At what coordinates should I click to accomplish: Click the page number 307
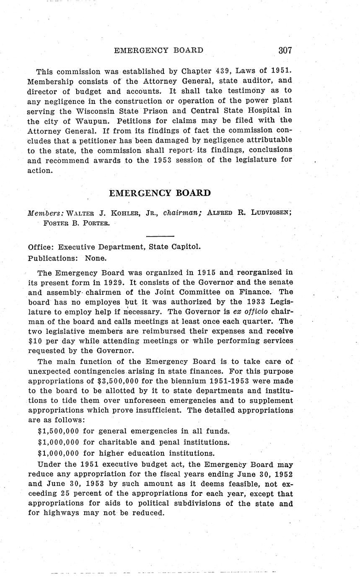click(x=285, y=50)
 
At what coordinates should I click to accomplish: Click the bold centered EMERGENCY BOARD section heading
click(x=160, y=193)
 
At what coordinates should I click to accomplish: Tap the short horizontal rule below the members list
click(x=160, y=237)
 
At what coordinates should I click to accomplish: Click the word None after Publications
click(x=96, y=258)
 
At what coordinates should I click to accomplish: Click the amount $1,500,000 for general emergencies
click(x=58, y=431)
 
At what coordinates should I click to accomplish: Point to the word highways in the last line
click(x=59, y=513)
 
